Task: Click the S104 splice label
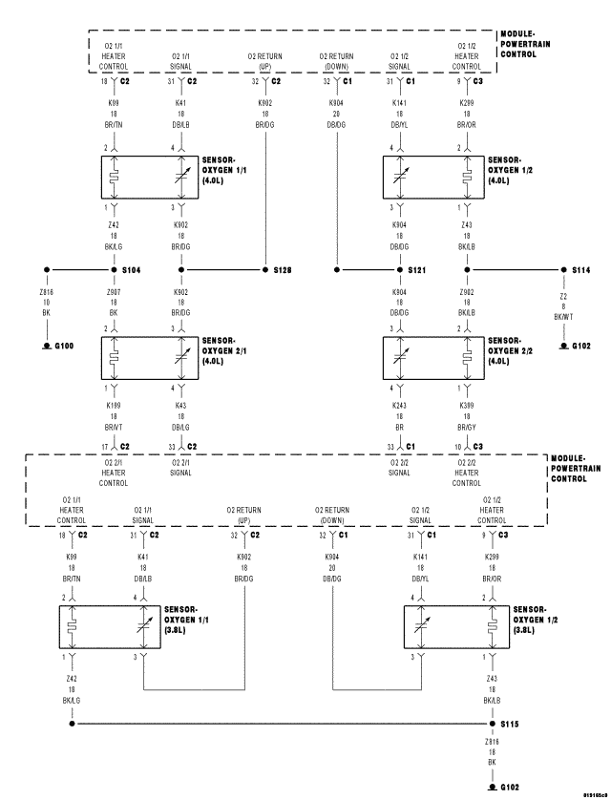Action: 131,270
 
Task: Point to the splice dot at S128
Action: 264,270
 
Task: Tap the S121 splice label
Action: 417,270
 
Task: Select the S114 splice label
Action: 581,270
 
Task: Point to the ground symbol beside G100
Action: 46,345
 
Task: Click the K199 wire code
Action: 114,406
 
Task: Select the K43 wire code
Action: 180,406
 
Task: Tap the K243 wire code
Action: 400,406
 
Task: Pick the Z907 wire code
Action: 114,292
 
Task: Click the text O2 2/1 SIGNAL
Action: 180,467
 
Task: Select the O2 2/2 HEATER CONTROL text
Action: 466,473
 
